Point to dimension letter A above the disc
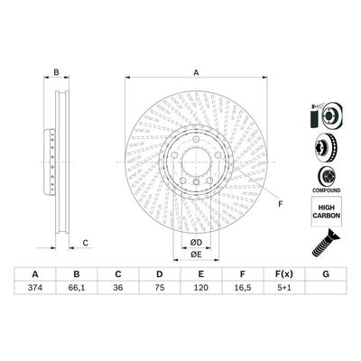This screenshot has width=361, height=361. click(195, 73)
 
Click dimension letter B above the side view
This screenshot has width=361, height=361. click(55, 73)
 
